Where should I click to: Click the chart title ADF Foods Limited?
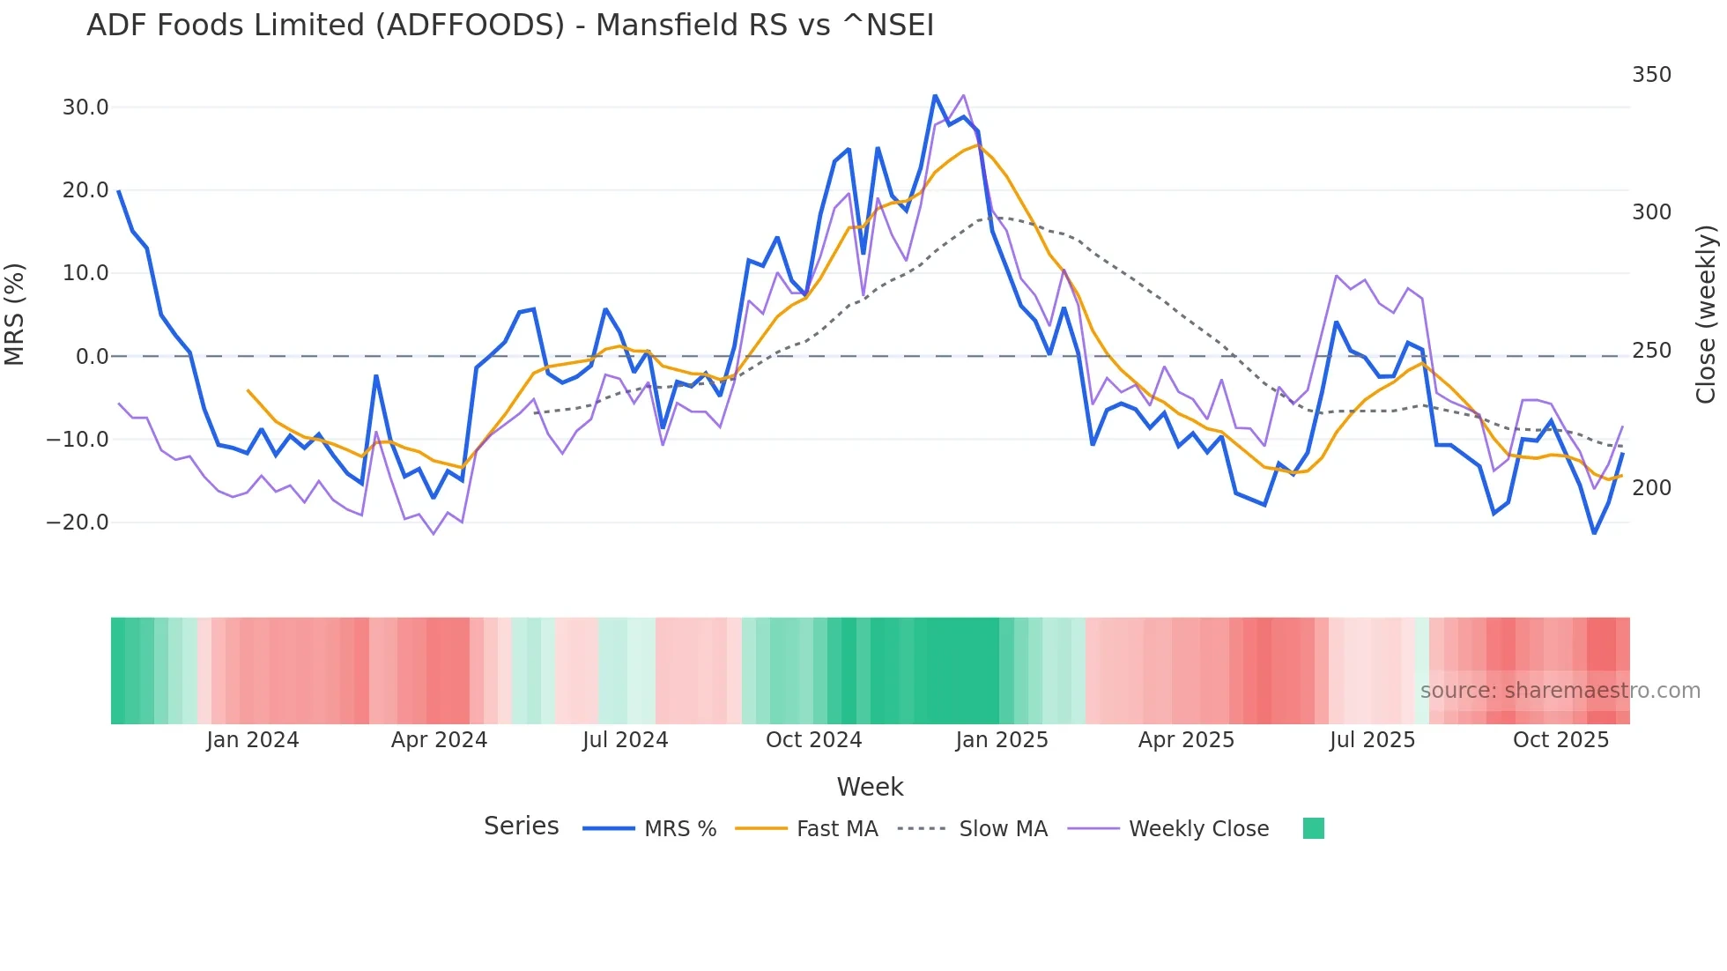pos(509,26)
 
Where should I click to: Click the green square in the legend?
pos(1313,828)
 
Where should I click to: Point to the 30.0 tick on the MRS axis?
pos(85,107)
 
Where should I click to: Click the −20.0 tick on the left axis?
pos(78,523)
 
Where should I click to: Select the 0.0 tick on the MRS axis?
pos(92,357)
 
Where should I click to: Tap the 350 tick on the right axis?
pos(1651,75)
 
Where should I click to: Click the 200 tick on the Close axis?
pos(1651,488)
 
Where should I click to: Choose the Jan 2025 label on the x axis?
pos(1002,740)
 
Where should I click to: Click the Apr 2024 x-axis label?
pos(439,740)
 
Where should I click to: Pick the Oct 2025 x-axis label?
pos(1560,740)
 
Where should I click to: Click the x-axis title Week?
pos(870,787)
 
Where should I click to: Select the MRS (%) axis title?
pos(15,315)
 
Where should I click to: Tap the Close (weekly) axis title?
pos(1706,315)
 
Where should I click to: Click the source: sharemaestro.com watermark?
pos(1560,691)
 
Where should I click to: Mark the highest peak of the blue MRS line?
pos(935,95)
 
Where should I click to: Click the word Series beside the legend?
pos(521,826)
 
